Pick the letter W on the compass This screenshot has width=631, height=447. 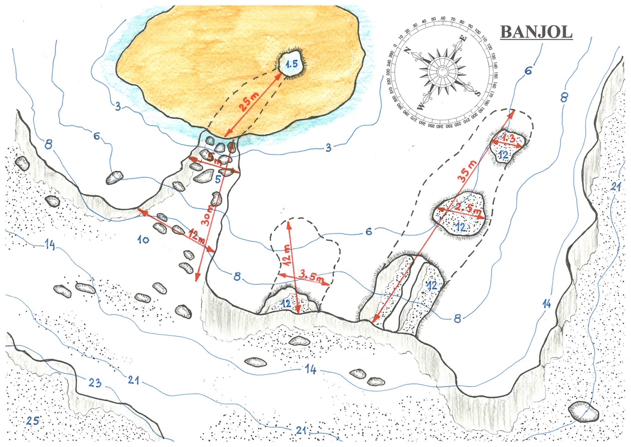pos(421,105)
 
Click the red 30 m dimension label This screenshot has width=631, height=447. pos(209,215)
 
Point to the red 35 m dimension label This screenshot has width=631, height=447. pos(466,170)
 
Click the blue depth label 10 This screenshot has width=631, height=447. pos(143,240)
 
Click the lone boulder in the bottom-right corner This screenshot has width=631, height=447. pos(583,411)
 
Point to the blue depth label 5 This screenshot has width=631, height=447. pos(217,180)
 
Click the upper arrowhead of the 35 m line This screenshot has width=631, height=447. pos(513,112)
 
